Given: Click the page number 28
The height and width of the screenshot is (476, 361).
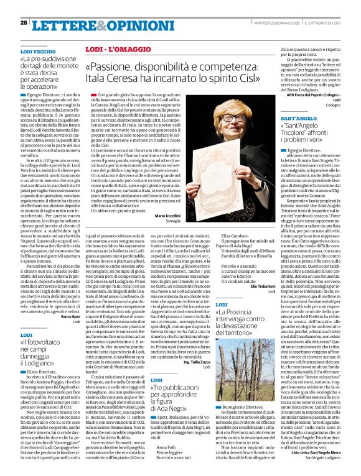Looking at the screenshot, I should click(x=23, y=22).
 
